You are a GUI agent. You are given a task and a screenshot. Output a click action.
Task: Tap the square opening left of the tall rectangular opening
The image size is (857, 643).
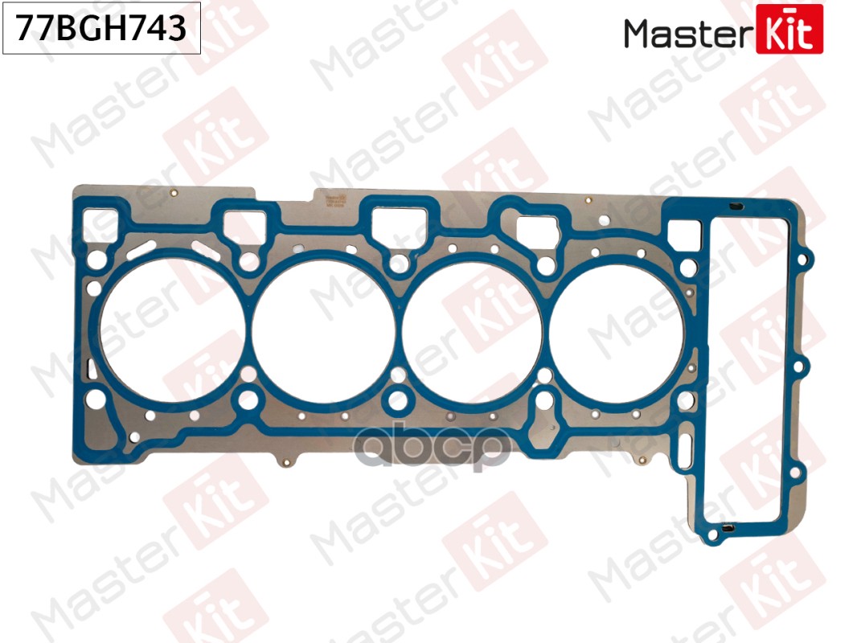pyautogui.click(x=684, y=231)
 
